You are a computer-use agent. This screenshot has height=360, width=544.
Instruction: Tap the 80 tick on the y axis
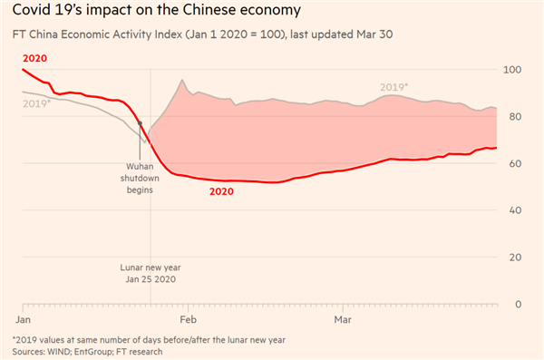(x=515, y=117)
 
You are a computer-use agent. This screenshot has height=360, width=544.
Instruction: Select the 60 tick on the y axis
(x=515, y=164)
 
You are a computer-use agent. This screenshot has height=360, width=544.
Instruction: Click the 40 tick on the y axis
(x=515, y=210)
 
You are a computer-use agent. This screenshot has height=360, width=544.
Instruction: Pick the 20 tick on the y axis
(x=515, y=258)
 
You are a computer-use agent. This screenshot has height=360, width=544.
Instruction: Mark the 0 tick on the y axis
(x=518, y=305)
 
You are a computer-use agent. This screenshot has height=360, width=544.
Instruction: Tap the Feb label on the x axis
(x=189, y=320)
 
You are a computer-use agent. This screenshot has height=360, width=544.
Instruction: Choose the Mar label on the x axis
(x=343, y=320)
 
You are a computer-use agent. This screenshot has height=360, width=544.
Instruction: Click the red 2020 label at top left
(x=34, y=58)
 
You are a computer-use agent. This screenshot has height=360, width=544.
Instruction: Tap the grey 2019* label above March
(x=393, y=87)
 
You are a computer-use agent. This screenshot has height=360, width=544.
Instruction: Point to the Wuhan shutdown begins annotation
(x=140, y=179)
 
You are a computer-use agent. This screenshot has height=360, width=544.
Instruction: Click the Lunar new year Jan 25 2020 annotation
(x=151, y=274)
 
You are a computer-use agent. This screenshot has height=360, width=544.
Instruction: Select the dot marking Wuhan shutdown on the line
(x=140, y=123)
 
